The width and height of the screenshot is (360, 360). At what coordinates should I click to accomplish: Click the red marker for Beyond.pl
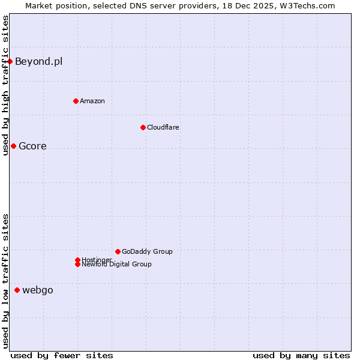[10, 61]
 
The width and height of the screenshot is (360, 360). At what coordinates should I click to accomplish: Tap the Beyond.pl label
[38, 61]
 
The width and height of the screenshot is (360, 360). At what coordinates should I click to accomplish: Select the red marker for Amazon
[76, 101]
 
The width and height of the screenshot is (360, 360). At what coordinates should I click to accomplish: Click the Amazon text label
[92, 101]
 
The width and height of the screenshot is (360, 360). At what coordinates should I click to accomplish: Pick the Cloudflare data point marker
[143, 127]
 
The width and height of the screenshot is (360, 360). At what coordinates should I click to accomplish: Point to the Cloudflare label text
[163, 127]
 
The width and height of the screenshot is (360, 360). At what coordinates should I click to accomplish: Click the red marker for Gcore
[13, 146]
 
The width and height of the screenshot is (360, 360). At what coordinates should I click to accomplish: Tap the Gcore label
[32, 146]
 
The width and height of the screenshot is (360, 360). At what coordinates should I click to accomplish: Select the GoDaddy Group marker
[118, 251]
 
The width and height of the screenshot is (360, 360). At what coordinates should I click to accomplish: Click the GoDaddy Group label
[147, 251]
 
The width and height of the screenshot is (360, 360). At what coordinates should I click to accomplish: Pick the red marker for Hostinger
[77, 260]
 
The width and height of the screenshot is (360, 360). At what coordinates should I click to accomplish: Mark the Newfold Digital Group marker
[77, 265]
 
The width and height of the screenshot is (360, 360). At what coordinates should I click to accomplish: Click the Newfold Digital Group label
[117, 265]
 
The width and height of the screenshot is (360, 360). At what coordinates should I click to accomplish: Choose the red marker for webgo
[17, 290]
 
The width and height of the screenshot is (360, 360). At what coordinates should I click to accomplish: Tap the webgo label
[38, 290]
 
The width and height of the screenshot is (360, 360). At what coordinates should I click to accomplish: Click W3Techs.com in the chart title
[306, 5]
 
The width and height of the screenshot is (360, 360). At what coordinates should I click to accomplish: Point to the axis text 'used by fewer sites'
[62, 355]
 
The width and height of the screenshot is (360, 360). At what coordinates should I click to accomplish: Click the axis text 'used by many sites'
[301, 355]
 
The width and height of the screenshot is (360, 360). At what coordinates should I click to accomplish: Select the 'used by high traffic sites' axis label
[5, 85]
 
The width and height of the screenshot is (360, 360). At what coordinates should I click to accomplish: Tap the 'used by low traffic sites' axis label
[5, 281]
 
